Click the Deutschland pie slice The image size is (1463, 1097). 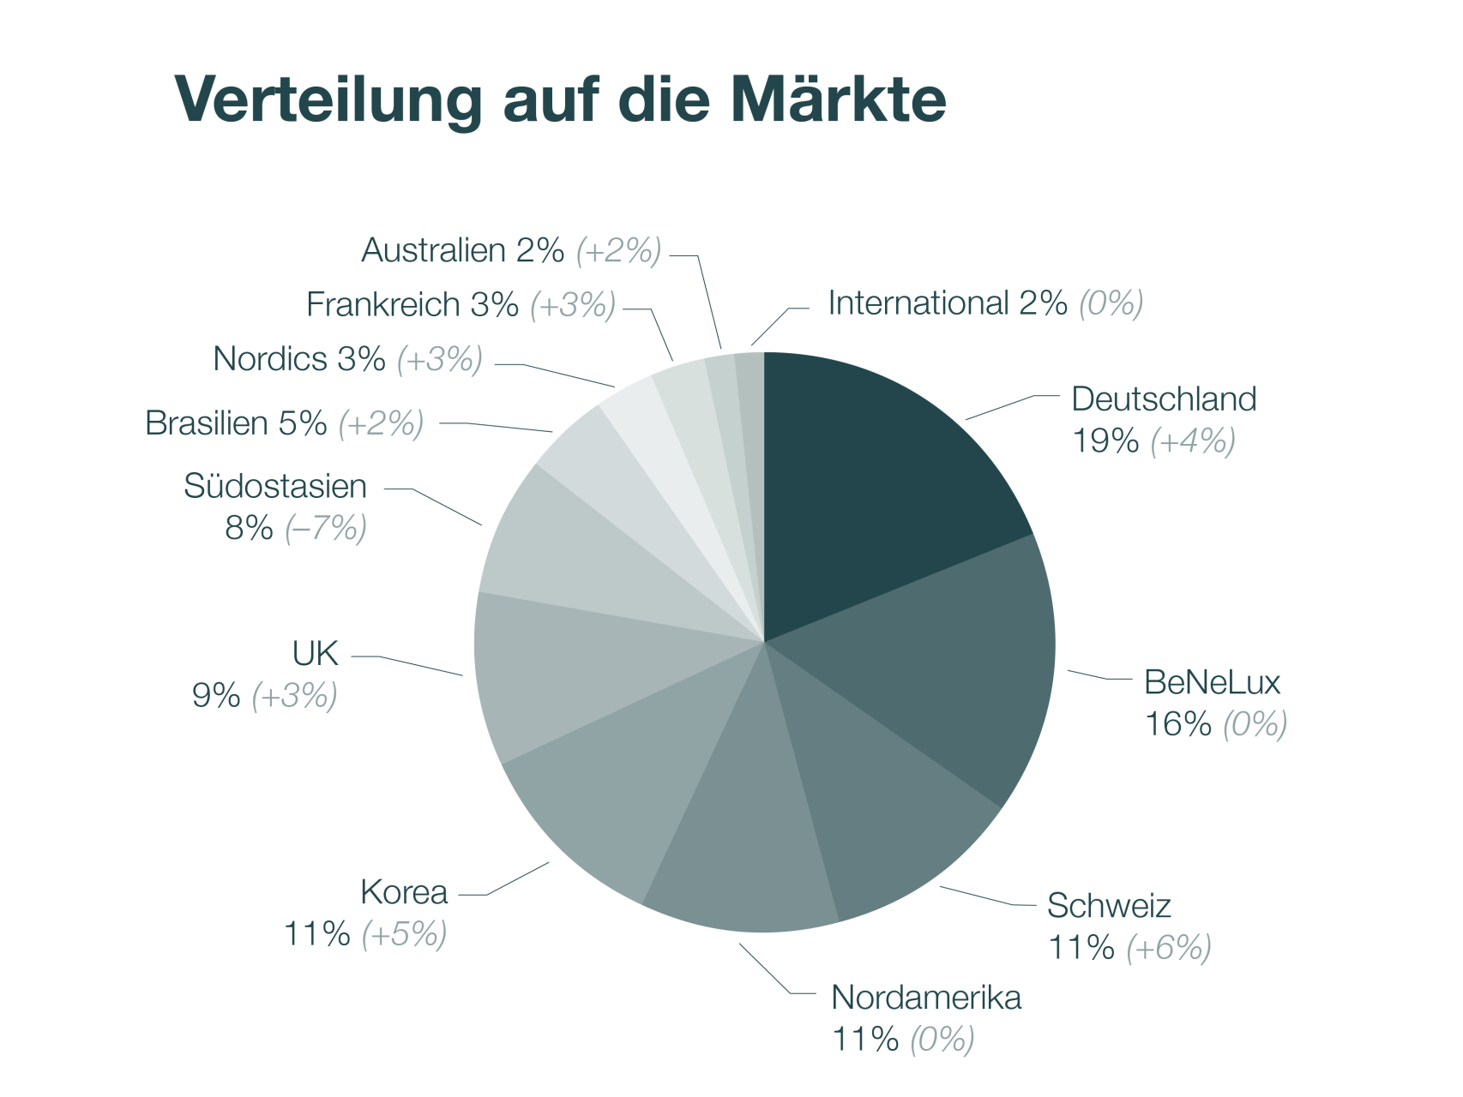click(875, 480)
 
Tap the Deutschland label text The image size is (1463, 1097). click(1164, 399)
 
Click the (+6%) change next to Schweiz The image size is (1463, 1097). click(1168, 948)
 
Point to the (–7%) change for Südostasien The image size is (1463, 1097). click(325, 528)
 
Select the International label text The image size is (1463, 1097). click(917, 303)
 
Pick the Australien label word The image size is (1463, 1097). click(433, 250)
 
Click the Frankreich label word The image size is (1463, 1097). click(382, 304)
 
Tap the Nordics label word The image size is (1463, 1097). click(269, 359)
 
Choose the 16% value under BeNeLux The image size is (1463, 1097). click(1177, 724)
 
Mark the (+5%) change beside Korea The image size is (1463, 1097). click(404, 934)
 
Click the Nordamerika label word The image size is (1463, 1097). click(926, 998)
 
